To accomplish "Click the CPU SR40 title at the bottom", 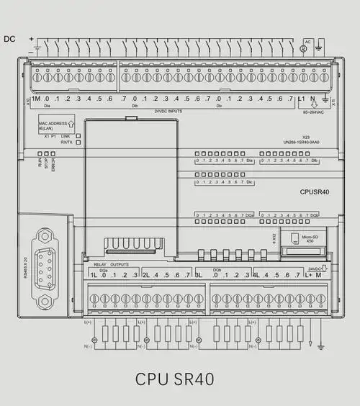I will [174, 379].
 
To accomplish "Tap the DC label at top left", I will [10, 39].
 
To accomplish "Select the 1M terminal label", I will [35, 98].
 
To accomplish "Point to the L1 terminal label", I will [302, 98].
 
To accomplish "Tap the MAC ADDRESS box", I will [57, 125].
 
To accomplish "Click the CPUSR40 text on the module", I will [315, 192].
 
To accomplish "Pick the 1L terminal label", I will [94, 275].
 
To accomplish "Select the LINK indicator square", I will [78, 135].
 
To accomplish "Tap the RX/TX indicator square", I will [78, 143].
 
